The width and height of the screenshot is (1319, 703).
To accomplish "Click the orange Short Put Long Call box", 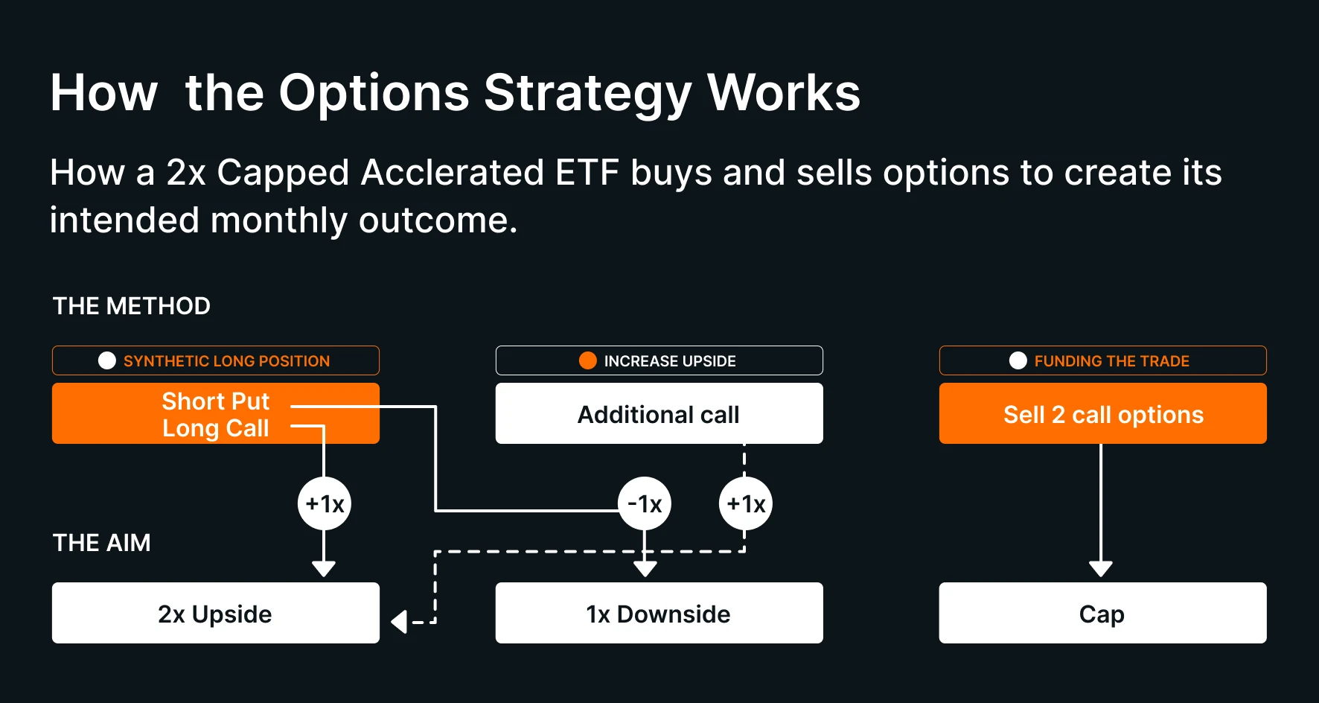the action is (216, 413).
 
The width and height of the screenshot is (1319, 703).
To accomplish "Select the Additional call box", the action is (659, 413).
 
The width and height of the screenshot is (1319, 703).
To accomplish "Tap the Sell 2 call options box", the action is (1103, 413).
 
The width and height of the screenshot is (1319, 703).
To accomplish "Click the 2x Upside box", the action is (216, 613).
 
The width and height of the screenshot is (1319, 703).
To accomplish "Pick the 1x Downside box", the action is (659, 613).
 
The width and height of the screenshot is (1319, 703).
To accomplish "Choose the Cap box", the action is (1103, 613).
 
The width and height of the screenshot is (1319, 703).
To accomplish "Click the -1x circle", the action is (645, 503).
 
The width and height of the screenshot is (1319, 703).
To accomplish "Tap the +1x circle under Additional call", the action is (746, 503).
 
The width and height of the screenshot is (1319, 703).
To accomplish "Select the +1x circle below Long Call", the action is (325, 503).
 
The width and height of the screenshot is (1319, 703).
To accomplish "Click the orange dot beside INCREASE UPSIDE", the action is (588, 360).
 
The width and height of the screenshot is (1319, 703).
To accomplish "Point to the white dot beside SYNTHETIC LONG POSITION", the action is (107, 360).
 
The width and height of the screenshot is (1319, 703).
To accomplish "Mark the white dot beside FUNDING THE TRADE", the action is (1018, 360).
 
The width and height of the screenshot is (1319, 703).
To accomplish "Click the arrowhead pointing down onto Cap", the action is (1101, 569).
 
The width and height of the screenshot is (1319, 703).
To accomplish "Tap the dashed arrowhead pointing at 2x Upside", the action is (399, 622).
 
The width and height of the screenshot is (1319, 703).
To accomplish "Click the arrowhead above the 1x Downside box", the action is (645, 569).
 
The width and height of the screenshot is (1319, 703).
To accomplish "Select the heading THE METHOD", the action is (132, 306).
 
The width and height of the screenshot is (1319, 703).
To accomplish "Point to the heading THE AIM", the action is (102, 543).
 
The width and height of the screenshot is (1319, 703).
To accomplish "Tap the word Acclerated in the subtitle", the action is (453, 173).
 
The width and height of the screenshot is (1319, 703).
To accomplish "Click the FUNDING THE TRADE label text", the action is (1112, 361).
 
